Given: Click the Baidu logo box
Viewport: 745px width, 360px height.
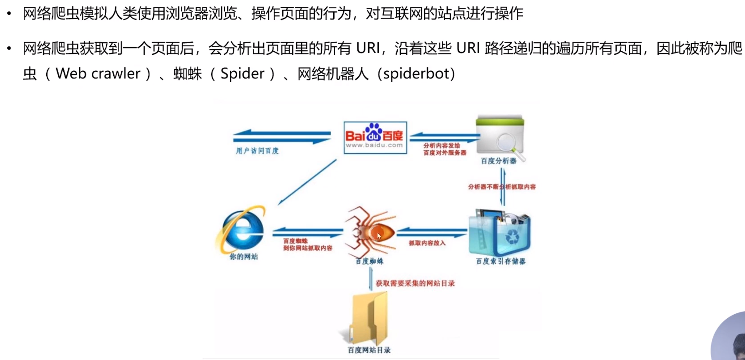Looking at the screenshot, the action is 375,138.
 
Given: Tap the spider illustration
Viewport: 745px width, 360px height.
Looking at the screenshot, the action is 370,232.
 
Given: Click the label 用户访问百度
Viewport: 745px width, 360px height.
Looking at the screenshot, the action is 257,151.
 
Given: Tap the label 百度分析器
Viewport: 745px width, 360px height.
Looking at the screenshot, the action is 499,161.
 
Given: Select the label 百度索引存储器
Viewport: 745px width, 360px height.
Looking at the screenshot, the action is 501,261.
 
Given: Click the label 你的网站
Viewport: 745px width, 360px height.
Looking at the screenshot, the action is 244,257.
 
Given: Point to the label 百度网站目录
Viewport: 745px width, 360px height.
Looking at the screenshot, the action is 369,350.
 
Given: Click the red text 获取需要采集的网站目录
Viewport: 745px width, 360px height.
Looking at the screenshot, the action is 415,283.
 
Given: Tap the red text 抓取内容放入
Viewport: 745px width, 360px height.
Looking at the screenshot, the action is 427,243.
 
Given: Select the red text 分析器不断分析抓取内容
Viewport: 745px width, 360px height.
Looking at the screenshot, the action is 502,187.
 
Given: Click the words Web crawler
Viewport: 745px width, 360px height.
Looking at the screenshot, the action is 98,73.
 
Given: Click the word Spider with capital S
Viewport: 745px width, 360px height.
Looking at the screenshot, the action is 242,73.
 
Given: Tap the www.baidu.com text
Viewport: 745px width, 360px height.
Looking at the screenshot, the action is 374,145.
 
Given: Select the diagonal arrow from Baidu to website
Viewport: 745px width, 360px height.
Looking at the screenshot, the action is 307,182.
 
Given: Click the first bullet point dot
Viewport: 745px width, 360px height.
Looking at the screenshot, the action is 9,14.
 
